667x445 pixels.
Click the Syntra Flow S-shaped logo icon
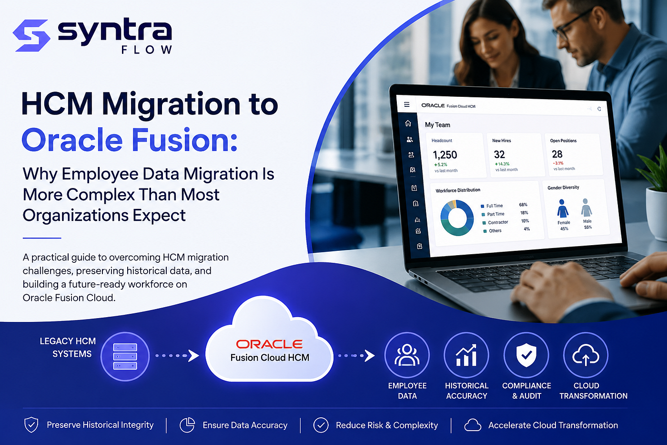tap(31, 35)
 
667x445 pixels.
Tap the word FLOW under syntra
tap(147, 50)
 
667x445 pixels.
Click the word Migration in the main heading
tap(171, 104)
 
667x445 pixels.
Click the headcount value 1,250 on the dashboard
tap(445, 155)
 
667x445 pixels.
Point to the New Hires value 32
tap(499, 155)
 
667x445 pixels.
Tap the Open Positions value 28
tap(557, 154)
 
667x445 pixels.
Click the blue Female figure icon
tap(563, 208)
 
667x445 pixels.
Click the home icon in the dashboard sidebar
tap(408, 123)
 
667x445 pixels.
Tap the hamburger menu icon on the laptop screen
tap(407, 104)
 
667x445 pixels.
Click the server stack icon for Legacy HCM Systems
tap(125, 356)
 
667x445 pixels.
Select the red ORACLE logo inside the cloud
tap(269, 344)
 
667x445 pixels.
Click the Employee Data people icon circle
tap(407, 355)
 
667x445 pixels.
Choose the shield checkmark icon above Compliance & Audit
tap(526, 355)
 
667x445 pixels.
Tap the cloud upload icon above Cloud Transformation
tap(586, 355)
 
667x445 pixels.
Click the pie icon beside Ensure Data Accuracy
tap(187, 425)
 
